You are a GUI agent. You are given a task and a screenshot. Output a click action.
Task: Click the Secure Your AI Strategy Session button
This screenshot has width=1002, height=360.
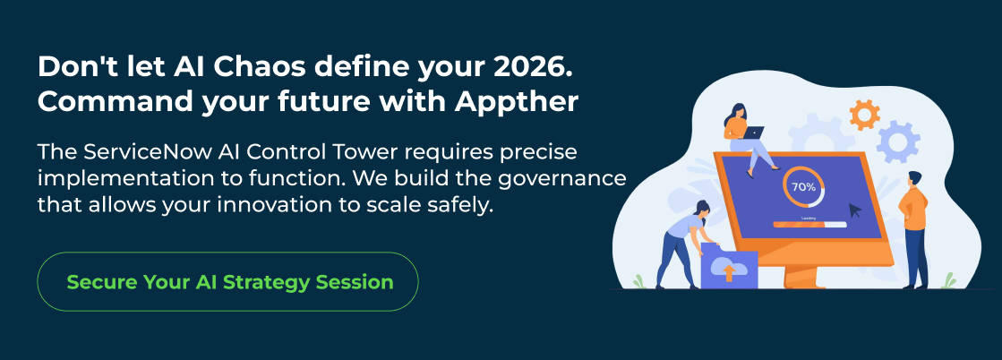click(227, 281)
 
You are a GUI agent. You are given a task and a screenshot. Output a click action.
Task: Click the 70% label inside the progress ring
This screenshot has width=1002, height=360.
click(803, 187)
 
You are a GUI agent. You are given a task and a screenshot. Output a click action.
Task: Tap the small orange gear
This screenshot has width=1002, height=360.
click(865, 116)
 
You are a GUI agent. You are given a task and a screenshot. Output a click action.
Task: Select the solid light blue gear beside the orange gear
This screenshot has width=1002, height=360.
click(898, 141)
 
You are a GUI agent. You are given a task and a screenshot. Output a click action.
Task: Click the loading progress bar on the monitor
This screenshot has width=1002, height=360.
click(809, 225)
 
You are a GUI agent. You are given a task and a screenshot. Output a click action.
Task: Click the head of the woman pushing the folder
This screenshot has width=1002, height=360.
click(701, 209)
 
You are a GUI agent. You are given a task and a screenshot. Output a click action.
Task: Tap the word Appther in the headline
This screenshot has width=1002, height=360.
click(517, 102)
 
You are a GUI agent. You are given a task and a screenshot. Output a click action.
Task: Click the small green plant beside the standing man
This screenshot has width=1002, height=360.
click(948, 280)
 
